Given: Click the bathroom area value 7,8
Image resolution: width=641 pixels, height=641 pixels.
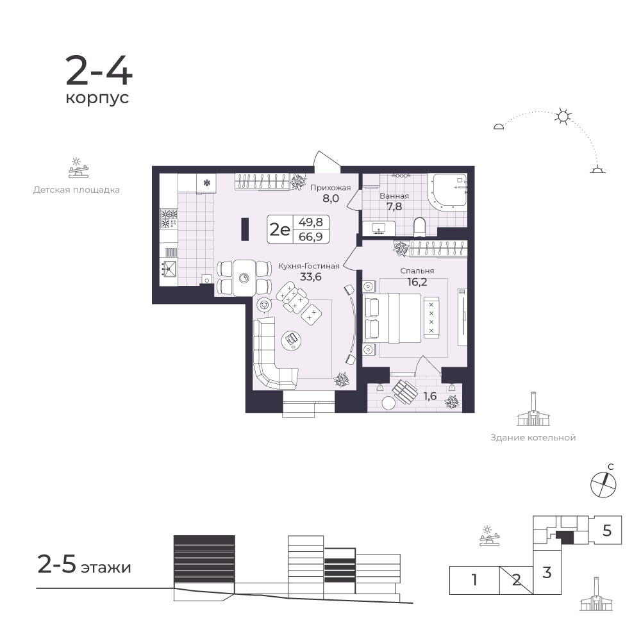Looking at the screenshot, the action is (394, 206).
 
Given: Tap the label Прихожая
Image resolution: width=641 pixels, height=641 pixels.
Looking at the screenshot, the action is (330, 188).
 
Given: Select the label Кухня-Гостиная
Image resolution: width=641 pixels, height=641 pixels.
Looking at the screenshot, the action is (309, 266).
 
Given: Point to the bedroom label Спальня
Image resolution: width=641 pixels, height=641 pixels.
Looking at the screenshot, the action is (417, 271).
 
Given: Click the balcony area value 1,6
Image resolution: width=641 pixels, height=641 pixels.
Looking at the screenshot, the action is (430, 396).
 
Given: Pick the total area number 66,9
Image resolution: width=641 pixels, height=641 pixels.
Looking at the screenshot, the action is (311, 237).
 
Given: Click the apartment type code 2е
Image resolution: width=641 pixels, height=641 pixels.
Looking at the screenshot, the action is (279, 229).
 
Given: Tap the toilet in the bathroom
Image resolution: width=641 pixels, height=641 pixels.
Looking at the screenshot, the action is (420, 227).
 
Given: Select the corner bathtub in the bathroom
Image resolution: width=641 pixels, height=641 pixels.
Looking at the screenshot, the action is (447, 192).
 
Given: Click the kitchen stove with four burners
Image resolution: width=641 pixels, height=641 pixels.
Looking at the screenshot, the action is (169, 219).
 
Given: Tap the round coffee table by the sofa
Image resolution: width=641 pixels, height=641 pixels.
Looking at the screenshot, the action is (292, 339).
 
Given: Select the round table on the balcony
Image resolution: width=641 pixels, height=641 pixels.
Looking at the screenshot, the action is (388, 403).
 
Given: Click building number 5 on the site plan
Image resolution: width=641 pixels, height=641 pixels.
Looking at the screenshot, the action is (607, 531).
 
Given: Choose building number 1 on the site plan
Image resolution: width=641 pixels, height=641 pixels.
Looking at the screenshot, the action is (474, 580).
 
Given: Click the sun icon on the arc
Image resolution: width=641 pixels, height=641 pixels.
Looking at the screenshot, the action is (563, 117).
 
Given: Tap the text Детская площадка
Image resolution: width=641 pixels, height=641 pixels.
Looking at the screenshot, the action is (76, 190).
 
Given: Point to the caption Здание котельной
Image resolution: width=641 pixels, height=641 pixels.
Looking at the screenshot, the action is (533, 438).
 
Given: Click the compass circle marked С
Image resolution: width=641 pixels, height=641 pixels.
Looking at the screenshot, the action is (603, 485).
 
